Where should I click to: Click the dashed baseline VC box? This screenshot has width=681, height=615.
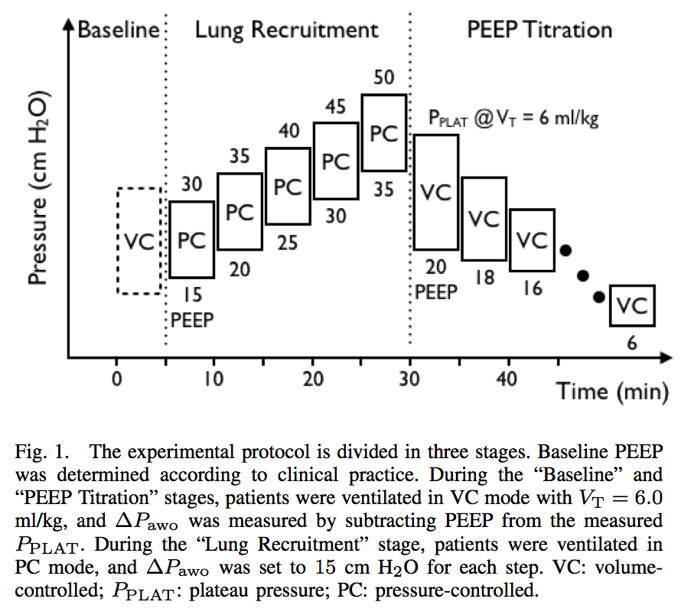coord(117,241)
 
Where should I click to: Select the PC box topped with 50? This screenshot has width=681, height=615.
coord(362,132)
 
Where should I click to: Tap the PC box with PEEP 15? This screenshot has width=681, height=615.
coord(170,239)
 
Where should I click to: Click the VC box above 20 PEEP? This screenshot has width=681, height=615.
coord(414,193)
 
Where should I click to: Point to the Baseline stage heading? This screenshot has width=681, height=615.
coord(119,30)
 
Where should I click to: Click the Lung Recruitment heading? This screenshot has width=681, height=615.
coord(287,31)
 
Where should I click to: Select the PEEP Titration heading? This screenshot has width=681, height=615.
coord(539,30)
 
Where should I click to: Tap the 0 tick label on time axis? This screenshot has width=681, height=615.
coord(117,379)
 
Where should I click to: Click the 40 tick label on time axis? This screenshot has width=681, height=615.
coord(507,379)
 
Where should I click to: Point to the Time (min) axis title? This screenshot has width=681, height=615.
coord(612,392)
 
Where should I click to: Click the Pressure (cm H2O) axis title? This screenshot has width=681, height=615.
coord(38,187)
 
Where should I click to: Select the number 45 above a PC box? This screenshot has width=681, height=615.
coord(336,106)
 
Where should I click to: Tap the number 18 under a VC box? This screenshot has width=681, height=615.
coord(484,278)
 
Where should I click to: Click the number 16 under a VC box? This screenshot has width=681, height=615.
coord(533,288)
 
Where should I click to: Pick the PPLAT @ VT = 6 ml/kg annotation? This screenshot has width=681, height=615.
coord(513,118)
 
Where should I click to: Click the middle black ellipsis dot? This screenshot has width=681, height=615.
coord(583,275)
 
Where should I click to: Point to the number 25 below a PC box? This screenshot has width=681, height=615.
coord(288,242)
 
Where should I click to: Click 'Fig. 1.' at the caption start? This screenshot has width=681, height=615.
coord(42,452)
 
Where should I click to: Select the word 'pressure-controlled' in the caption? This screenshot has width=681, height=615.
coord(456,591)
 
